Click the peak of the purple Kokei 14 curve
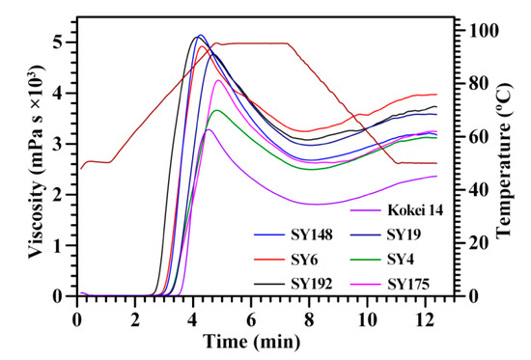click(x=208, y=129)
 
